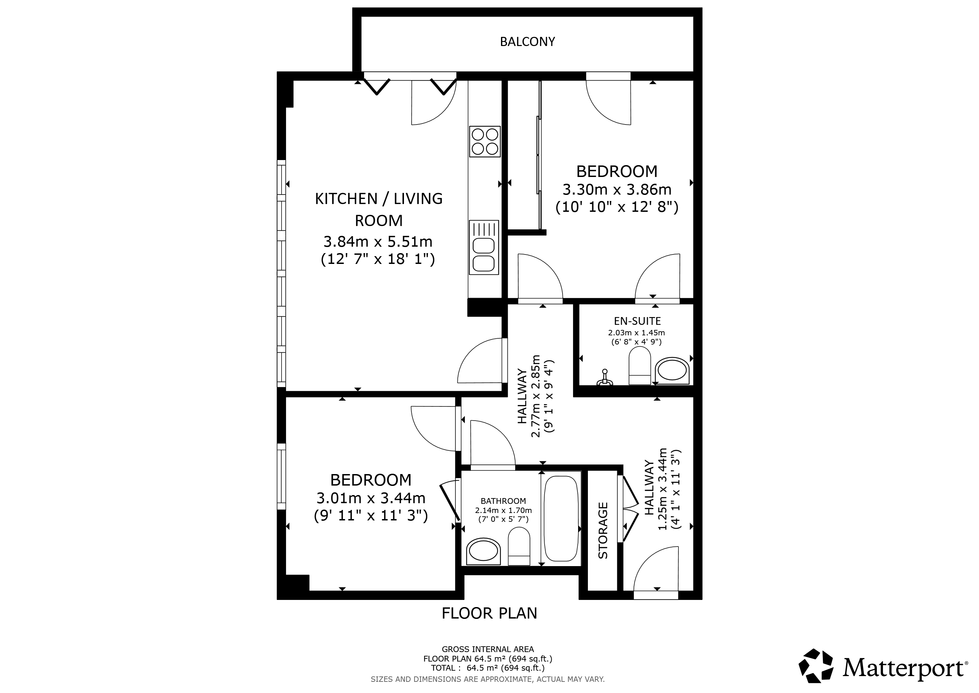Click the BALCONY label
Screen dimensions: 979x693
(x=527, y=42)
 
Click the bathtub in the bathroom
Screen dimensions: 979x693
(x=561, y=518)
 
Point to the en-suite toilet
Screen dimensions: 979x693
(x=640, y=366)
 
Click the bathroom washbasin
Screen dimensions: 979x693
(x=483, y=551)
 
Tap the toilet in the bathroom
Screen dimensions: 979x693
(x=519, y=546)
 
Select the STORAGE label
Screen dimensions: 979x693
(x=603, y=531)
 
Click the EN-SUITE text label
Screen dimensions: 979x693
(x=638, y=321)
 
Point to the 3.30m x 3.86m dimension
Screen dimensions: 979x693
(x=617, y=189)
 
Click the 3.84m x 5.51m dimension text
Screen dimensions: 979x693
(x=378, y=242)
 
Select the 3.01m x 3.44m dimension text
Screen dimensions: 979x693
(x=371, y=498)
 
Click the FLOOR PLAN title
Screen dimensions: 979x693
(x=489, y=613)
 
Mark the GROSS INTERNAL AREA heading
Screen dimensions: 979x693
(x=488, y=649)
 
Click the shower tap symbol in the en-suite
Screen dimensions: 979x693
(x=605, y=378)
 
